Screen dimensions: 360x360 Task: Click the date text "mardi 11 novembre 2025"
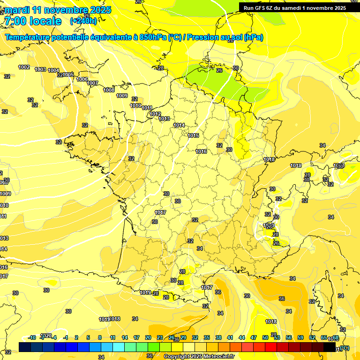(x=58, y=10)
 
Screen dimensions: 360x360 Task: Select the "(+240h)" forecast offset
(x=83, y=21)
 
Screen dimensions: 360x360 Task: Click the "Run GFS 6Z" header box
(x=295, y=7)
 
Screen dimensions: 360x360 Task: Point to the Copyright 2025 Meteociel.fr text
(x=199, y=356)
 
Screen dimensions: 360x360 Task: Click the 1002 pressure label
(x=24, y=67)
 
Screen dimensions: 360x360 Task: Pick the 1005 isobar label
(x=68, y=75)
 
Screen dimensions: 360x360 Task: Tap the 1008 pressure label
(x=109, y=90)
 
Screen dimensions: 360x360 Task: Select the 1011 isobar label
(x=147, y=108)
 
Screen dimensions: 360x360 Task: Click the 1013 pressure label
(x=164, y=119)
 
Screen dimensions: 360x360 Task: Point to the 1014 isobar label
(x=179, y=125)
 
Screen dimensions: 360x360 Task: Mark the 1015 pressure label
(x=194, y=136)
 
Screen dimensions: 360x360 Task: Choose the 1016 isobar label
(x=202, y=151)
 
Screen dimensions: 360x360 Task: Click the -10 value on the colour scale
(x=32, y=337)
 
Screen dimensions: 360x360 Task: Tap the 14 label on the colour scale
(x=125, y=337)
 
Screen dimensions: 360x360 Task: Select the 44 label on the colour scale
(x=242, y=337)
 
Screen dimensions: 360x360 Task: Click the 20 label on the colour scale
(x=148, y=337)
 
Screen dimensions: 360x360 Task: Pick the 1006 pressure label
(x=82, y=79)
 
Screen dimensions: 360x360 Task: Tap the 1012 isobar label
(x=156, y=114)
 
